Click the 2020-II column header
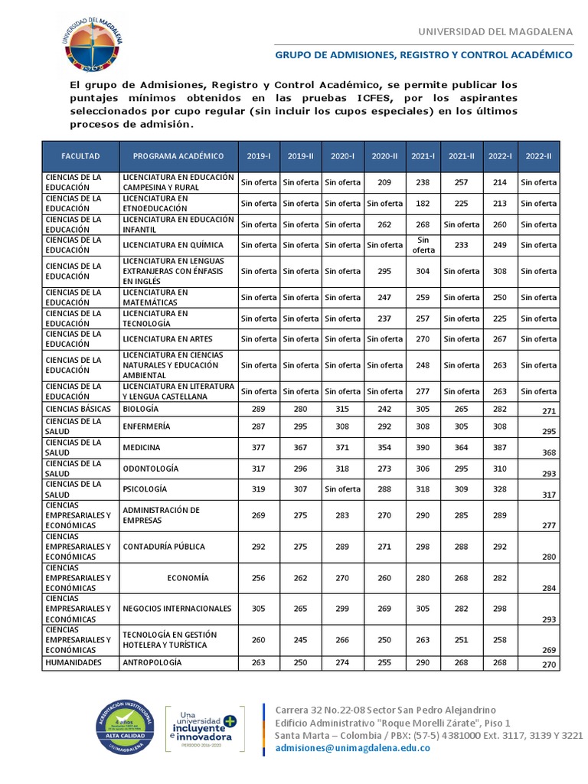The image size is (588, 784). pos(384,156)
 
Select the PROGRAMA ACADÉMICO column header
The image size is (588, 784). pos(178,156)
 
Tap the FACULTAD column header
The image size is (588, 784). pos(80,156)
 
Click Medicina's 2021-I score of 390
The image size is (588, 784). pos(423,447)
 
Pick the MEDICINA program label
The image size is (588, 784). pos(142,447)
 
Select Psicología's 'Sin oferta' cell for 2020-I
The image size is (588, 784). pos(342,488)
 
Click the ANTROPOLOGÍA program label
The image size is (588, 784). pos(152,662)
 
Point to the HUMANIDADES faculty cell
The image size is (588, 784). pos(73,662)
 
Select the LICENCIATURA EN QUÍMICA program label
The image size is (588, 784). pos(173,245)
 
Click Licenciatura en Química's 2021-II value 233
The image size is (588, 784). pos(462,245)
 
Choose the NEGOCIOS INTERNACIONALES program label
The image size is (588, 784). pos(177,609)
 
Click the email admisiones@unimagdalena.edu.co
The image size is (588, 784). pos(352,748)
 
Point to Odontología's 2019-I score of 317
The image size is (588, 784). pos(259,468)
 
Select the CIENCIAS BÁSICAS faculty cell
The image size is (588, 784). pos(79,410)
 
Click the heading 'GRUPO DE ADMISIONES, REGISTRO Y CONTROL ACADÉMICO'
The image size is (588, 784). pos(423,55)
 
